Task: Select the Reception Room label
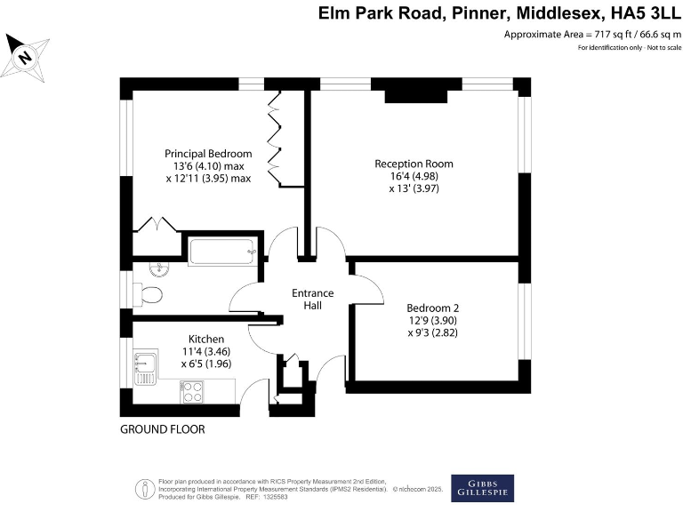click(x=414, y=164)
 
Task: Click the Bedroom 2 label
click(x=432, y=308)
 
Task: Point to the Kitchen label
click(x=205, y=340)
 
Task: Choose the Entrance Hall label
click(x=312, y=300)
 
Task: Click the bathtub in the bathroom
click(x=222, y=252)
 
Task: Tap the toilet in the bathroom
click(x=148, y=294)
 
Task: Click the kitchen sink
click(x=145, y=366)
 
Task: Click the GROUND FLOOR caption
click(x=163, y=429)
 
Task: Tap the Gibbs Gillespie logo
click(x=482, y=488)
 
